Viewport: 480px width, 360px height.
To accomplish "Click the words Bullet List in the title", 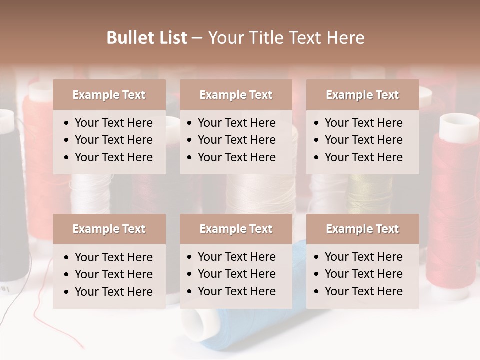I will click(x=147, y=38).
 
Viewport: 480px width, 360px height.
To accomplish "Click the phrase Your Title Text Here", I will click(x=286, y=38).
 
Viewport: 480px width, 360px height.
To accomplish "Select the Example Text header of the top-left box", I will click(x=109, y=95).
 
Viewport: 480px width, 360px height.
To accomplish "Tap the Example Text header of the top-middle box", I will click(x=236, y=95).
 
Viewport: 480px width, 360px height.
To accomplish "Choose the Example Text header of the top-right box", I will click(x=362, y=95).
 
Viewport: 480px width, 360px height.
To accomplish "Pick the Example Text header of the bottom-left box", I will click(x=109, y=229).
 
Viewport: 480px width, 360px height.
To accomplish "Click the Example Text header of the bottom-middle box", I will click(x=236, y=229).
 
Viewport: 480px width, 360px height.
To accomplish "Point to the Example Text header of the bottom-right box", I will click(x=362, y=229).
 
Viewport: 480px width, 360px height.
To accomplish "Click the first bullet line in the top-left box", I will click(x=113, y=123).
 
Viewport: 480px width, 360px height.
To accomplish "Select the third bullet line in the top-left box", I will click(x=113, y=157).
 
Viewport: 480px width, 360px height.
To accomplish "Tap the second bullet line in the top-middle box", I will click(x=236, y=140).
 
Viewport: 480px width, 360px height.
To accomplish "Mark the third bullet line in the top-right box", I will click(x=363, y=157).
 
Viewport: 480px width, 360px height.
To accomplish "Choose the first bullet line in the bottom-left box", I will click(x=113, y=257).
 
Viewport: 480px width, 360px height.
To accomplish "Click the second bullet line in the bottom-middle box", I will click(x=236, y=274).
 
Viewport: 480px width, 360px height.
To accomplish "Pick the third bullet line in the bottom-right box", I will click(x=363, y=291).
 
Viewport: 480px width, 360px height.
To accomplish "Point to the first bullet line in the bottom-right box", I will click(x=363, y=257).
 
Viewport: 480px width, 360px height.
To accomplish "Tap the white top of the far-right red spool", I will click(x=459, y=125).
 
